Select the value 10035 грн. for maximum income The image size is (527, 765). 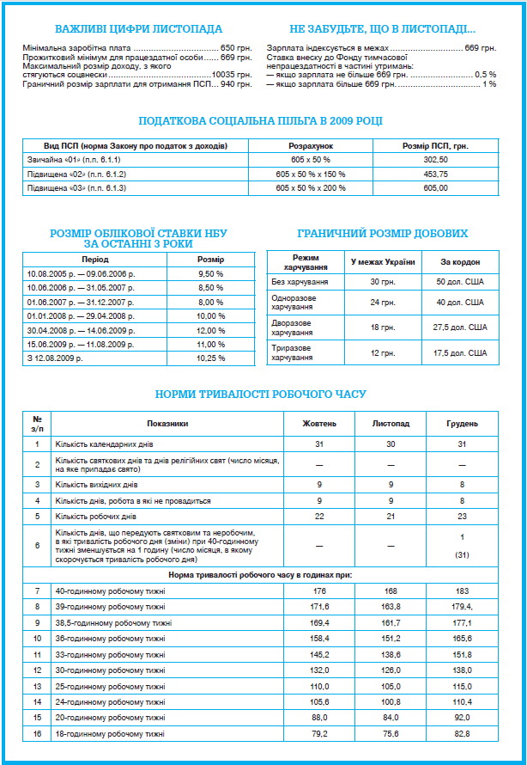point(231,75)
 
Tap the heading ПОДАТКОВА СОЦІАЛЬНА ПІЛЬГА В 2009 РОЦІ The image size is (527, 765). point(261,121)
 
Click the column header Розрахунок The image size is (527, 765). point(311,145)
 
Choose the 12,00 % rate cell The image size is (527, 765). point(210,330)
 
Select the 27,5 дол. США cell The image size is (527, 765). point(460,327)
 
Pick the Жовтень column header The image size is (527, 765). point(318,424)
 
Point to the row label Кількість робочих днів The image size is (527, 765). point(95,516)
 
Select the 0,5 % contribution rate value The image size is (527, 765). point(486,75)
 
